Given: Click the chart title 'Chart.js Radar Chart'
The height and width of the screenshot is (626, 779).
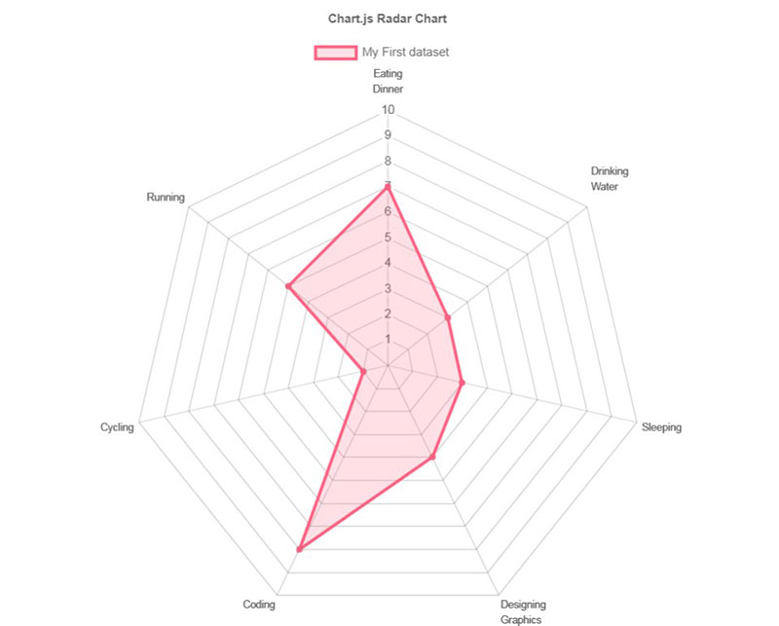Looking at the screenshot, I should [x=388, y=18].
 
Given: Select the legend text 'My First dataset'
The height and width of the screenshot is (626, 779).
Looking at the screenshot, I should [x=405, y=52].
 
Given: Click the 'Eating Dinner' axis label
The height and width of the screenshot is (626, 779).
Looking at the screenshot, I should [x=388, y=81].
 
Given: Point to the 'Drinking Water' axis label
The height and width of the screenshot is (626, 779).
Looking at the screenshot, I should [x=610, y=179].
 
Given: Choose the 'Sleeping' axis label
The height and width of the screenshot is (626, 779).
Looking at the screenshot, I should [x=661, y=426].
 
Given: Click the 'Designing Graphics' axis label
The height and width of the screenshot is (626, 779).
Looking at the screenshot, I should [x=523, y=611].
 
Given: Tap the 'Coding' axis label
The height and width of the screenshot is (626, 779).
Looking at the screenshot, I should [x=258, y=605].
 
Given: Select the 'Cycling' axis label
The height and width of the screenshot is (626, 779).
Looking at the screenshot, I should [x=117, y=426].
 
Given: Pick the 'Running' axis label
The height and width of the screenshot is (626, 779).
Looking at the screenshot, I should [x=166, y=197].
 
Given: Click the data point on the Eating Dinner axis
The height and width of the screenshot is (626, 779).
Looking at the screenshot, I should [x=388, y=186].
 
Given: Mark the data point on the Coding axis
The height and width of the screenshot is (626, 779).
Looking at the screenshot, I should [x=299, y=550].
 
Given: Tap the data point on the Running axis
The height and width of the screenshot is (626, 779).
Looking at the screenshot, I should [x=288, y=286].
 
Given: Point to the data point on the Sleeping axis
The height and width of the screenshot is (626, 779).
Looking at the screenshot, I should [x=462, y=383].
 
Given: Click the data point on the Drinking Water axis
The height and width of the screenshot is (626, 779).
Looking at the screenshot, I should [x=448, y=317].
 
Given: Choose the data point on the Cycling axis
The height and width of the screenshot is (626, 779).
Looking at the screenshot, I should [x=363, y=372].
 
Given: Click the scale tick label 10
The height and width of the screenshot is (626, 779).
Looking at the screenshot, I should [x=388, y=109].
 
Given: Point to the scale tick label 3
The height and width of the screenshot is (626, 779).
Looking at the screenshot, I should [x=388, y=288].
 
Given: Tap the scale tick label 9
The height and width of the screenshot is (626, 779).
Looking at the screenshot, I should [x=388, y=134].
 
